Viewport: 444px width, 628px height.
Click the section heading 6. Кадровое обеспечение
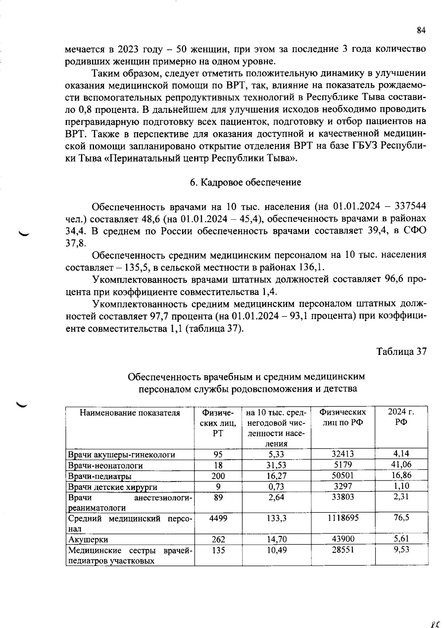tap(245, 182)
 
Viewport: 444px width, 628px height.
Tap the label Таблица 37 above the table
tap(401, 352)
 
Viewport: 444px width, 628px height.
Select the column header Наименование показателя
tap(130, 413)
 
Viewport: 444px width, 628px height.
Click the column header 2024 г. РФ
tap(401, 417)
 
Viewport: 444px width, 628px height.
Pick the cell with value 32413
tap(343, 454)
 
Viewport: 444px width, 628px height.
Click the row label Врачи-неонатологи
tap(105, 466)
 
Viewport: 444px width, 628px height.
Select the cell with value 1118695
tap(343, 518)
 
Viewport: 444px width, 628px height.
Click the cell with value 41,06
tap(401, 464)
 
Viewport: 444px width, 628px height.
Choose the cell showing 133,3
tap(276, 518)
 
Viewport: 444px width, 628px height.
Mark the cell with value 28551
tap(343, 550)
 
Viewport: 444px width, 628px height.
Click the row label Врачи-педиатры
tap(100, 476)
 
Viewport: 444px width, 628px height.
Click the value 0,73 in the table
tap(276, 487)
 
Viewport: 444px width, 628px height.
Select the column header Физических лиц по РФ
tap(343, 417)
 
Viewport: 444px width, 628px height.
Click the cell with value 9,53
tap(401, 550)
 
